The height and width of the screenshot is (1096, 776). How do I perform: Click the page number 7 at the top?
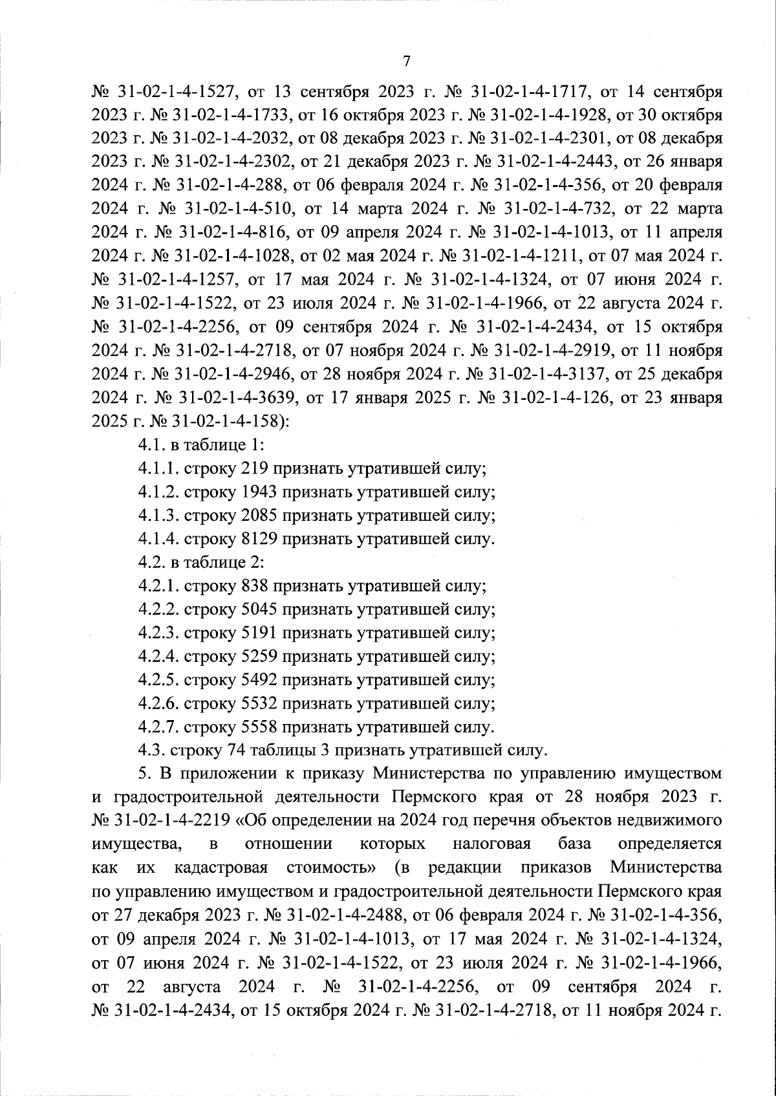(406, 61)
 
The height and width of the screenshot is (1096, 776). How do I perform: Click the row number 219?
(253, 469)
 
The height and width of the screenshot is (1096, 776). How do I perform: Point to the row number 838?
(254, 587)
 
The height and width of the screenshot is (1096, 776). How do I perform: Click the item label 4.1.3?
(159, 516)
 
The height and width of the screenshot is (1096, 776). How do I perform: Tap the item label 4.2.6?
(159, 703)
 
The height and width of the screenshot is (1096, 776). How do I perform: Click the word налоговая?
(491, 844)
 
